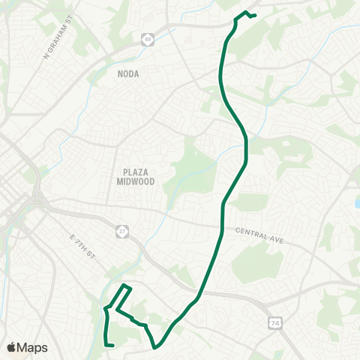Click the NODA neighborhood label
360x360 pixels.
[128, 73]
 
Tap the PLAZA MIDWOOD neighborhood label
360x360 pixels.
[135, 176]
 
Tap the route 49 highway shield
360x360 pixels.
[148, 40]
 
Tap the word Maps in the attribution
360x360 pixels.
[33, 347]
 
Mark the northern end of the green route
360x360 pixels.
[256, 15]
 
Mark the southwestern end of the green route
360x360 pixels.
[112, 345]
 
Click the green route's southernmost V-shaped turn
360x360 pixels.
[155, 347]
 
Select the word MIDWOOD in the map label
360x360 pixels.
[135, 181]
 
